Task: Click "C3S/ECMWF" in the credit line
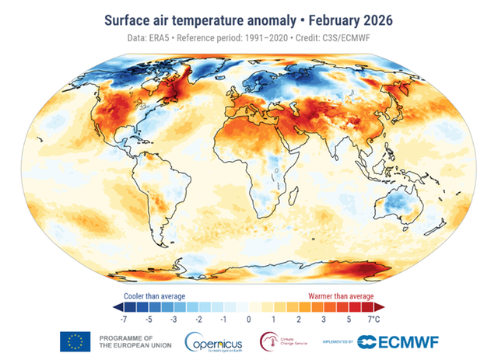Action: [371, 36]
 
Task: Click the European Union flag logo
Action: [75, 341]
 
